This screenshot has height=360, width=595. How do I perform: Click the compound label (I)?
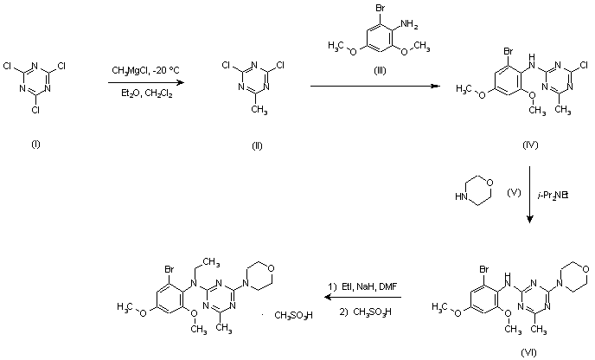click(x=35, y=145)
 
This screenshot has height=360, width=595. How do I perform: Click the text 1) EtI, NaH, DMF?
click(x=361, y=286)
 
